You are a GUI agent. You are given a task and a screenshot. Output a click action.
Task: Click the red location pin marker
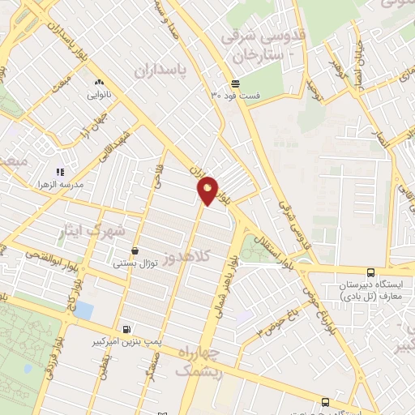click(x=207, y=190)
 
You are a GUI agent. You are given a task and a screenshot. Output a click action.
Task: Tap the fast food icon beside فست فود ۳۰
click(x=235, y=83)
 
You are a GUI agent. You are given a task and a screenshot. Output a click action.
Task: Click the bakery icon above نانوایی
click(x=100, y=82)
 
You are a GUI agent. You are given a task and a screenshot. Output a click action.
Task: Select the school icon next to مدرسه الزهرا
click(x=59, y=172)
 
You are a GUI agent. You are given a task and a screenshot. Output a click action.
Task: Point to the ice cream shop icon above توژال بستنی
click(x=135, y=251)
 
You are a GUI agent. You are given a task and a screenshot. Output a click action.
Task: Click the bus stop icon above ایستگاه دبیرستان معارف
click(x=370, y=273)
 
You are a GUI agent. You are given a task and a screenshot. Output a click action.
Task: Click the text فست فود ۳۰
click(x=236, y=96)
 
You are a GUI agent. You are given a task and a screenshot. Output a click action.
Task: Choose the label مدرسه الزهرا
click(x=96, y=172)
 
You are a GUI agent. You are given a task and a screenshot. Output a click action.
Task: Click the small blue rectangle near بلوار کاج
click(x=83, y=310)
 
